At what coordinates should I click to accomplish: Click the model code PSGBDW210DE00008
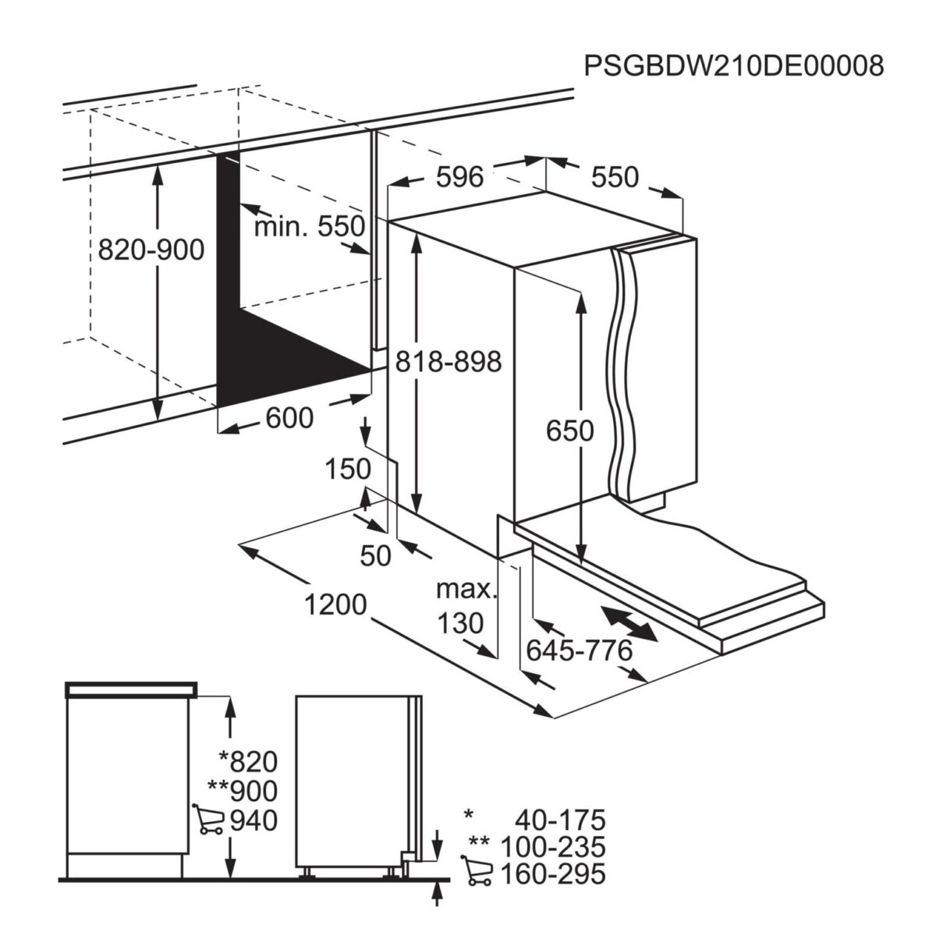coord(733,66)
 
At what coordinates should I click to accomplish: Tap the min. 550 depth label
coord(310,227)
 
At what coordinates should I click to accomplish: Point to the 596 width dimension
coord(459,178)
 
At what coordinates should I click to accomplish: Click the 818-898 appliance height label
coord(448,361)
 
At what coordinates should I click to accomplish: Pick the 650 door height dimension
coord(569,431)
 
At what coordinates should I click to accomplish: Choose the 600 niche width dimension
coord(289,419)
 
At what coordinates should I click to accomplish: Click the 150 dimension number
coord(347,469)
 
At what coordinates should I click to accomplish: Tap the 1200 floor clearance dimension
coord(336,604)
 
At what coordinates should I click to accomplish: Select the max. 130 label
coord(466,606)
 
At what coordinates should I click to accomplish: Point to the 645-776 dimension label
coord(579,649)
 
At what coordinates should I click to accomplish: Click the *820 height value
coord(248,760)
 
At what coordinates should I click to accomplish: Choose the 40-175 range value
coord(559,821)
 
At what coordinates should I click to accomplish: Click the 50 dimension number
coord(375,555)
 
